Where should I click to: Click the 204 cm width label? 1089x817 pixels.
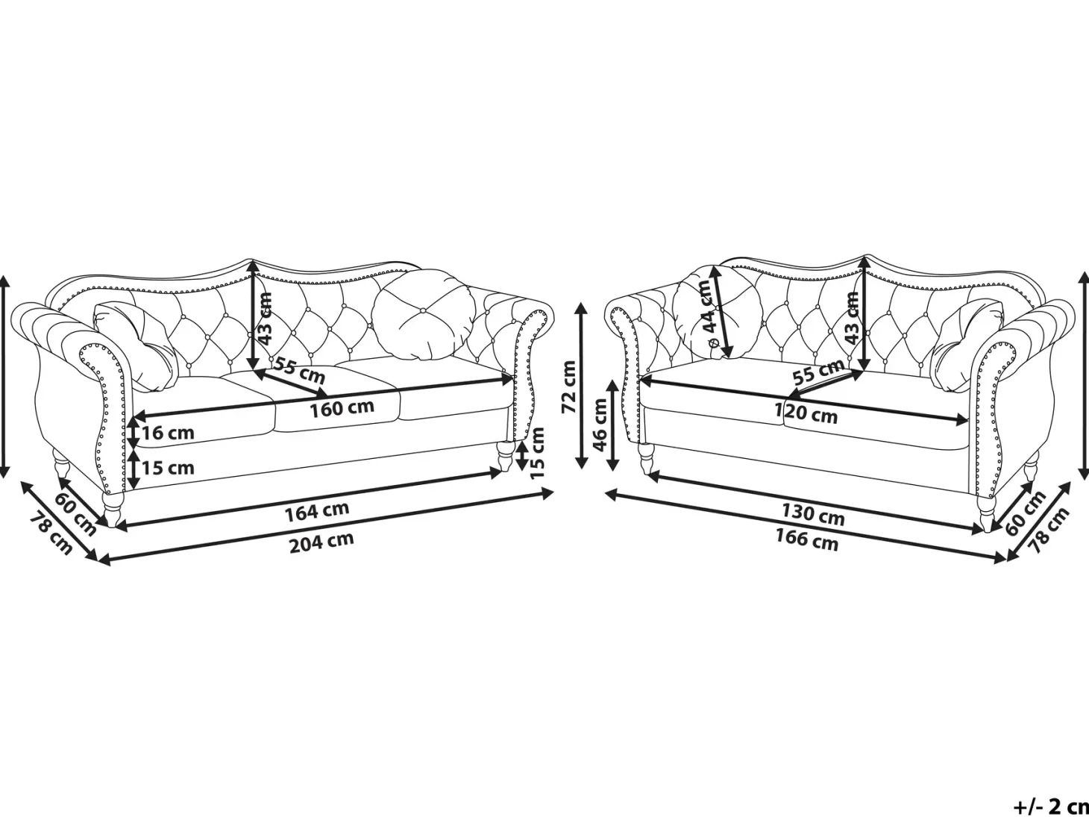[x=321, y=542]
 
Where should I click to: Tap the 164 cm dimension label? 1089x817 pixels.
[x=316, y=511]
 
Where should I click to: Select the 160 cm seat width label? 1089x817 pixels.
[x=342, y=408]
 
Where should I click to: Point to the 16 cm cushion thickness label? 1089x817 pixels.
[x=168, y=433]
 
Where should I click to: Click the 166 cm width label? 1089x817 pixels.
[x=807, y=540]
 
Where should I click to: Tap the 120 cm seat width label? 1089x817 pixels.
[x=806, y=413]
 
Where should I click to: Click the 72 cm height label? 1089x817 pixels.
[x=568, y=387]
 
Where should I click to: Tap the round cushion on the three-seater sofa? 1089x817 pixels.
[x=420, y=315]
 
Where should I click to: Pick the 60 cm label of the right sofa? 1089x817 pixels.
[x=1026, y=513]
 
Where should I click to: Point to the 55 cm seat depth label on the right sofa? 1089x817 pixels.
[x=818, y=372]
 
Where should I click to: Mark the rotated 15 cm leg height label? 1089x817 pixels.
[x=537, y=453]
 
